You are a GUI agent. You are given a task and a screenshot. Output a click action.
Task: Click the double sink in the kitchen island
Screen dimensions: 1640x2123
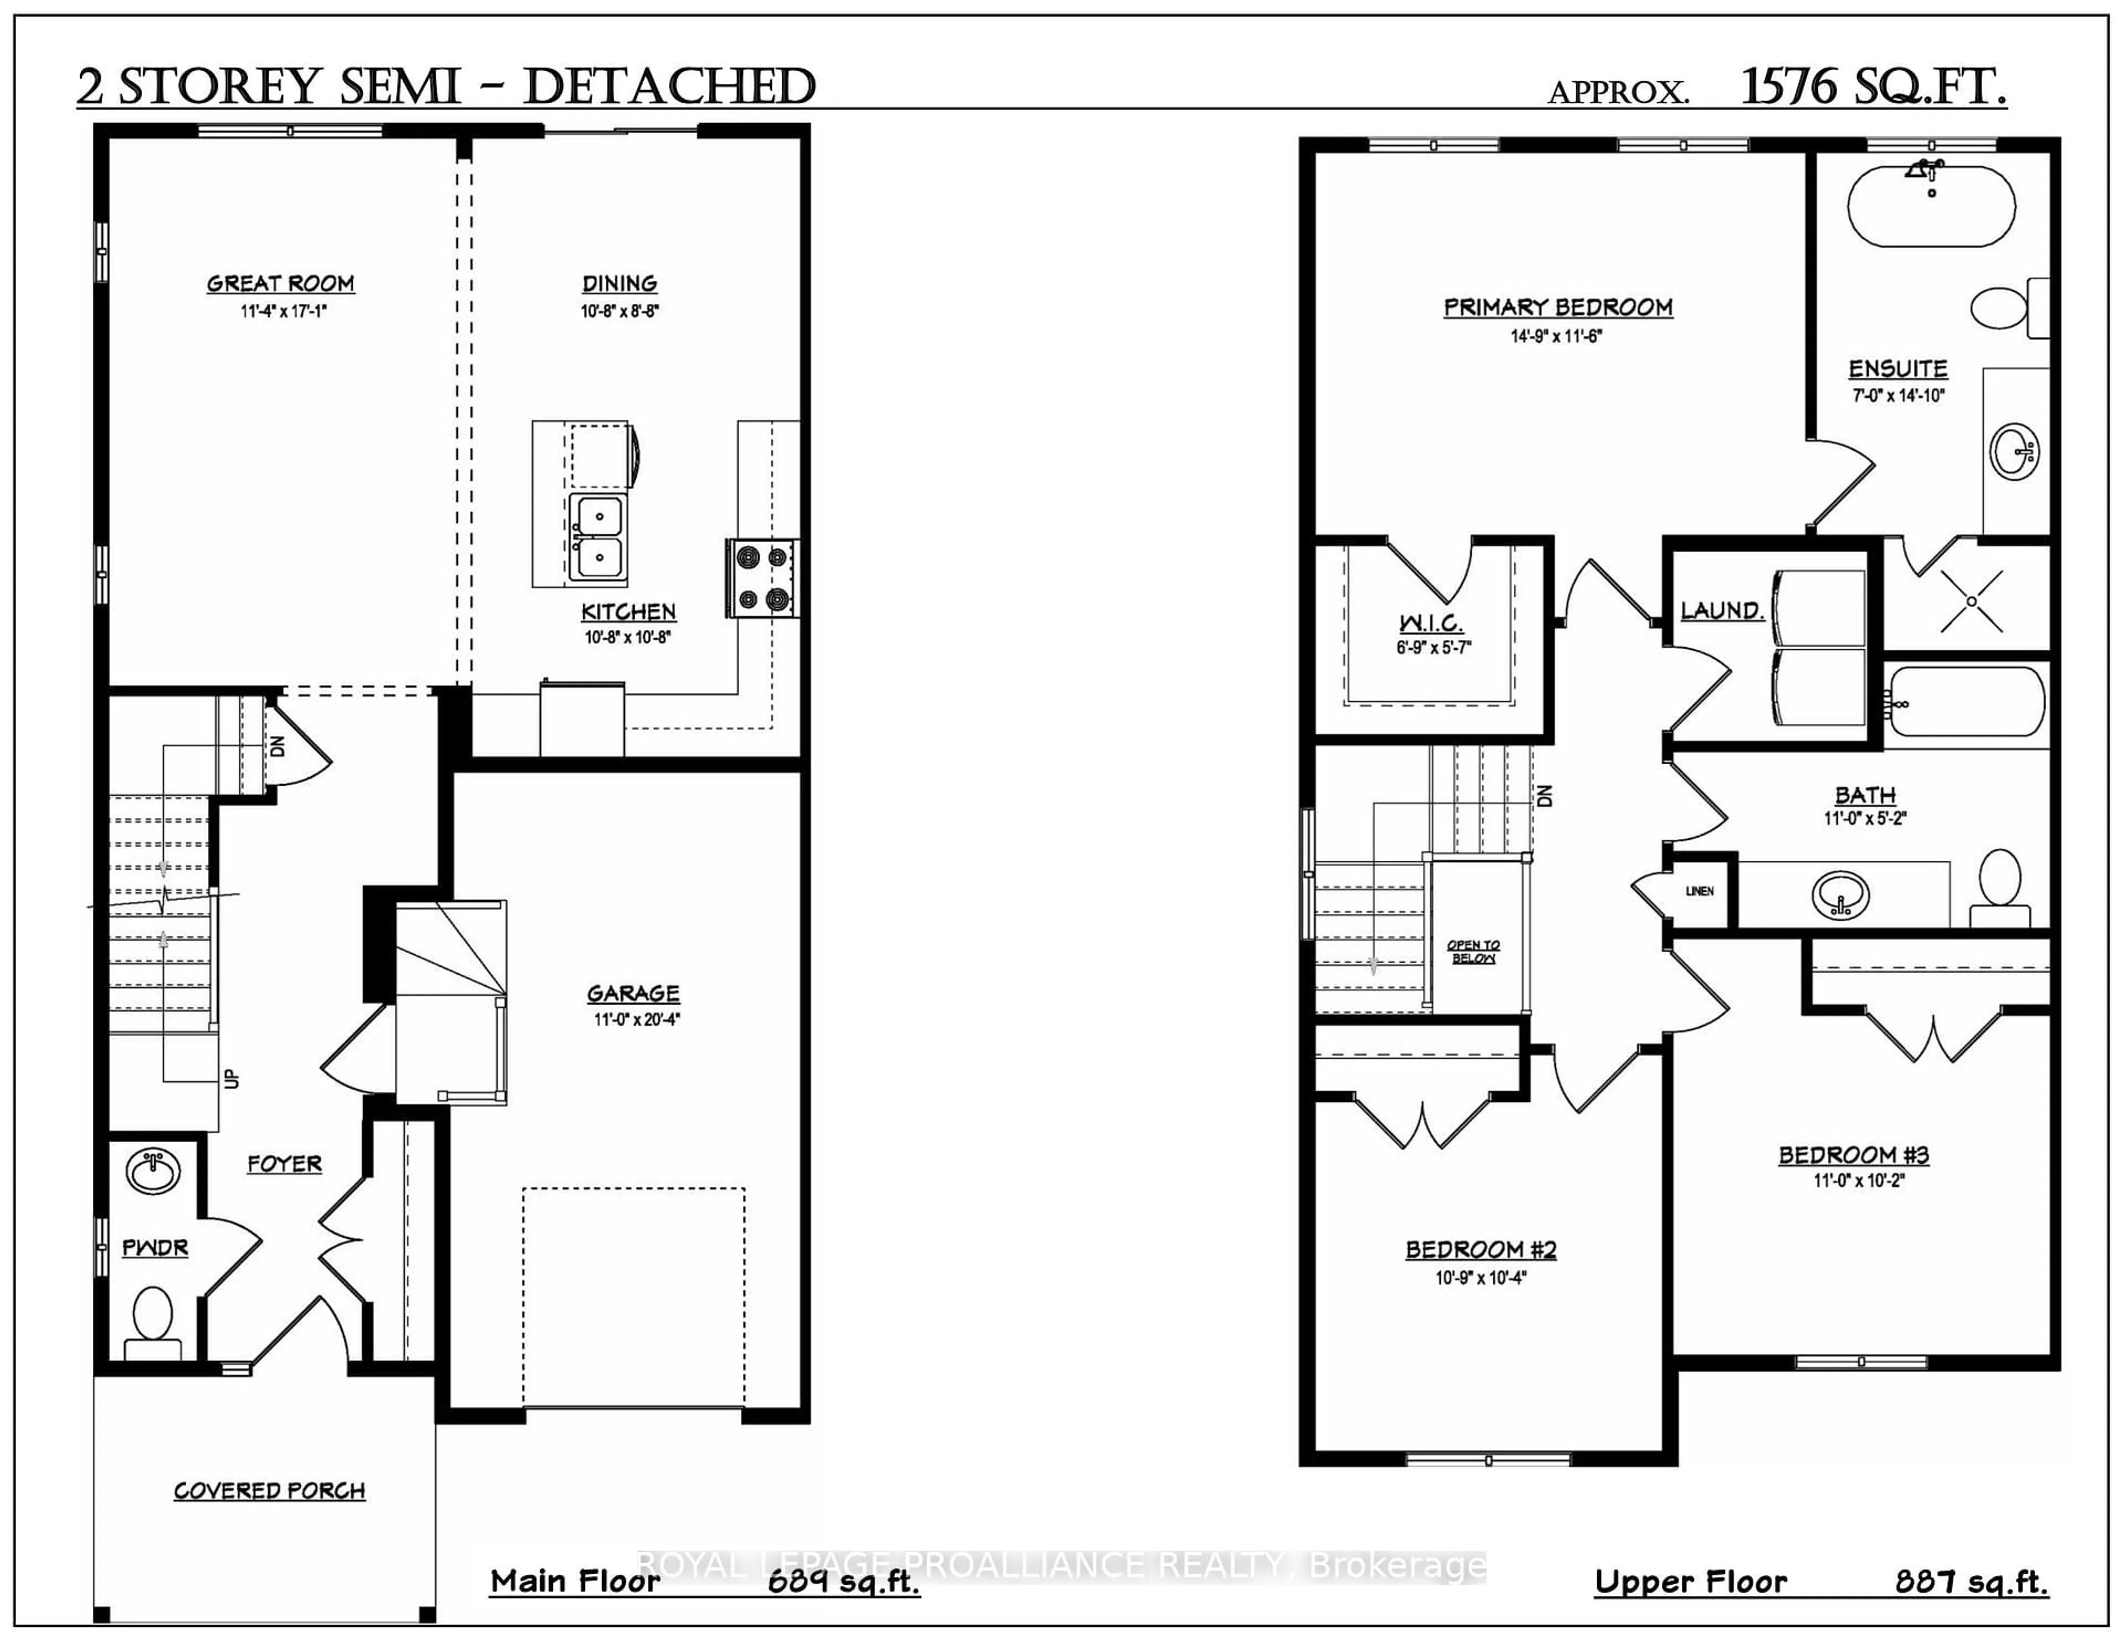click(597, 537)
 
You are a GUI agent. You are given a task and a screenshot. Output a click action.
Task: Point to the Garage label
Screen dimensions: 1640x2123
click(633, 993)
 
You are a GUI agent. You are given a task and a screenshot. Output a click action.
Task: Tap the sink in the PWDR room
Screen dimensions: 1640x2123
click(153, 1173)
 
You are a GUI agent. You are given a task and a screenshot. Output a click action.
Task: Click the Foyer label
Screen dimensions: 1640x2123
click(284, 1163)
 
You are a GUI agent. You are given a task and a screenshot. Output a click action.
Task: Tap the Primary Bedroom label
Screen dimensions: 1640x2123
click(1557, 307)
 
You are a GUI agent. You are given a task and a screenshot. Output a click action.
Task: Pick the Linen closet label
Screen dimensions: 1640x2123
click(1699, 891)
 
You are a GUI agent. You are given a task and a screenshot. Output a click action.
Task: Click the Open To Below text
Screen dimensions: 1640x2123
click(1473, 951)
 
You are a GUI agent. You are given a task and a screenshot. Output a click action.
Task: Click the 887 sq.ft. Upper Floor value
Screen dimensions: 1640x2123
click(1970, 1582)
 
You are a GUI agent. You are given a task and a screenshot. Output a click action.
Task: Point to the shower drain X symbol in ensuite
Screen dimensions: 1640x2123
click(1972, 601)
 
